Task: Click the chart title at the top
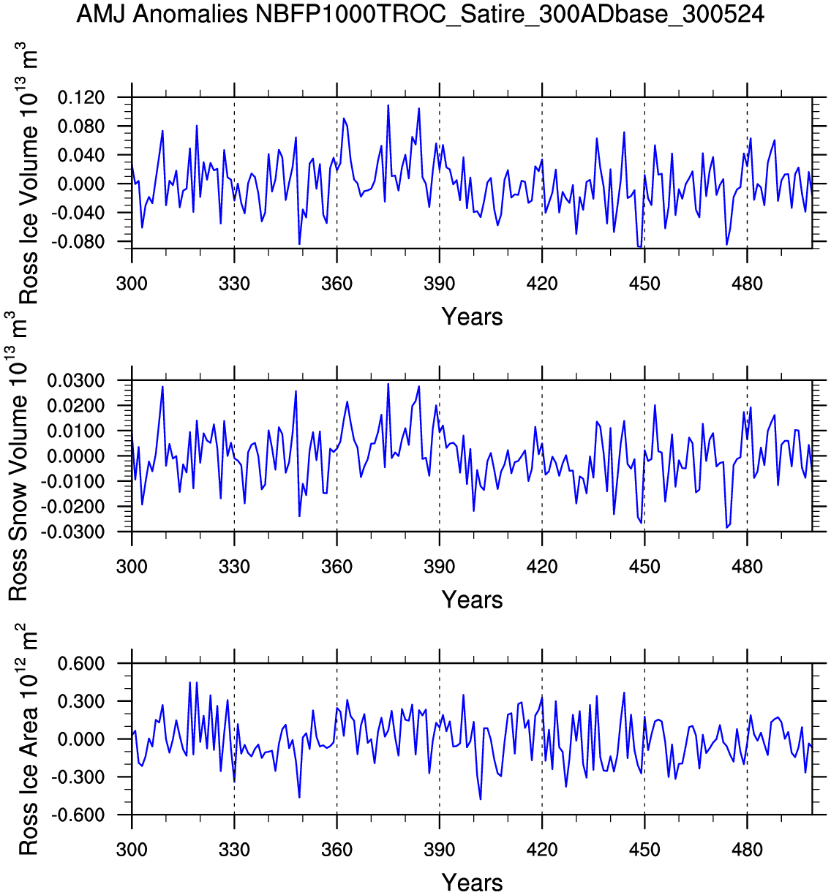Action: [420, 14]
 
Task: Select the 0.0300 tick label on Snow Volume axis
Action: [76, 381]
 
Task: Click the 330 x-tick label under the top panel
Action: [234, 284]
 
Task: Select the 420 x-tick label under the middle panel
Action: [542, 567]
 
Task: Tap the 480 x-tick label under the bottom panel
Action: [747, 850]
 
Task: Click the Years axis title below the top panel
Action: [472, 317]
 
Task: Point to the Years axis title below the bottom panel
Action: [472, 883]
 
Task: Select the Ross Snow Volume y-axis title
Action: [18, 457]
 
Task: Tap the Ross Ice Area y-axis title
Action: [28, 740]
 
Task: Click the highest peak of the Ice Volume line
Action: [388, 105]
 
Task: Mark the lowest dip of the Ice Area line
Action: [480, 798]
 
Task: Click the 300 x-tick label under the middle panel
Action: [132, 567]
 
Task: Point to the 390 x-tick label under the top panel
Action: [439, 284]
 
